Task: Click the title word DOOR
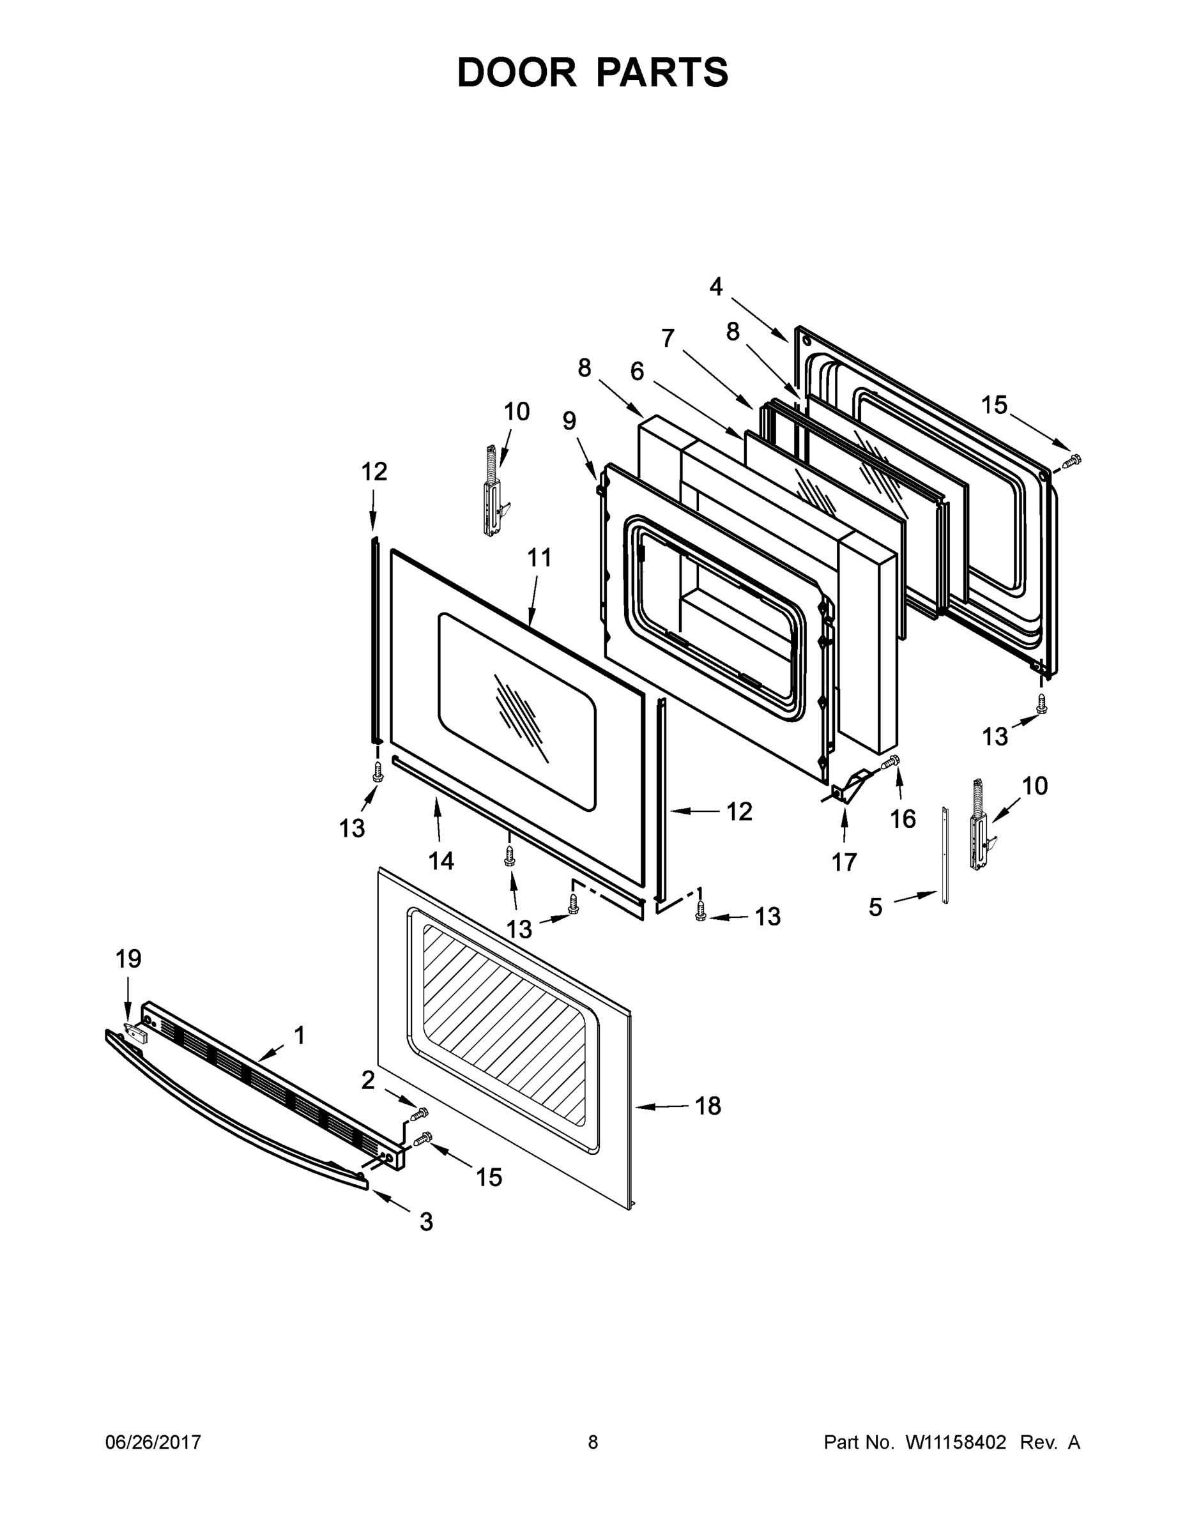(x=516, y=72)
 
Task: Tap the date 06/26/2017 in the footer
(x=153, y=1442)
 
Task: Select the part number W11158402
(x=956, y=1442)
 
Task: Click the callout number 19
(x=128, y=958)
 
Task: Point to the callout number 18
(x=708, y=1106)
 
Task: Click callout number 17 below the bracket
(x=844, y=861)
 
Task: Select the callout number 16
(x=903, y=818)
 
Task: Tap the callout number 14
(x=441, y=860)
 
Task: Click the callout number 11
(x=539, y=558)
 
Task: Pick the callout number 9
(x=569, y=420)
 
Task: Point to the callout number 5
(x=875, y=907)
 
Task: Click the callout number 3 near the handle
(x=426, y=1221)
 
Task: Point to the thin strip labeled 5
(x=945, y=854)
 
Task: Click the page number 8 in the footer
(x=593, y=1442)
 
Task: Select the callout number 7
(x=668, y=339)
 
